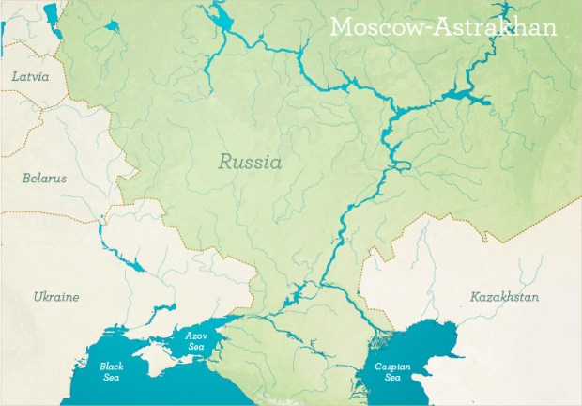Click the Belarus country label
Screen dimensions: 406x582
click(x=44, y=177)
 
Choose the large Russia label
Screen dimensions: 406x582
click(x=250, y=162)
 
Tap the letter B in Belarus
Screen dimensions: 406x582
click(x=26, y=177)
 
